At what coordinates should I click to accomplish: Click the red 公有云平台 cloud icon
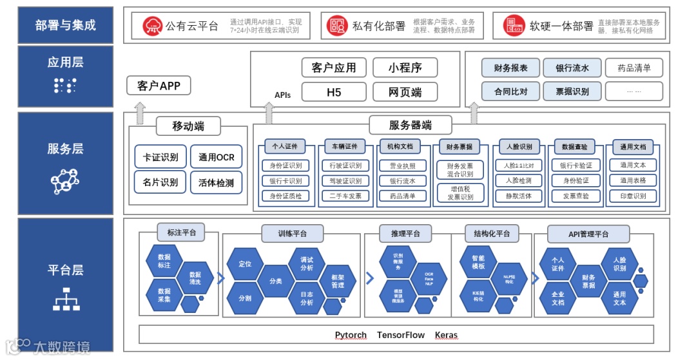153,26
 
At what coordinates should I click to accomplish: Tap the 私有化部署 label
379,26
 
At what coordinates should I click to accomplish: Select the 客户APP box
159,86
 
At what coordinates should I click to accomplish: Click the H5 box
334,92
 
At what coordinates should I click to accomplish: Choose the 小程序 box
405,68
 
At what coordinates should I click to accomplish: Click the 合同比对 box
510,91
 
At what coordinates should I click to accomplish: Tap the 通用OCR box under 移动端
217,157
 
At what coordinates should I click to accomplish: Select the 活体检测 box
217,183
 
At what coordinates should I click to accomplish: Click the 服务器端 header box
410,125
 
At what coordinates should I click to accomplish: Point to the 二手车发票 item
345,196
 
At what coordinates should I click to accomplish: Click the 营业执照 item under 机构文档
403,166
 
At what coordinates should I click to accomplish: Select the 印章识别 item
633,196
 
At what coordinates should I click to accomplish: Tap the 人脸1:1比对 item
518,166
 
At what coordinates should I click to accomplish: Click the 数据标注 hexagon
164,261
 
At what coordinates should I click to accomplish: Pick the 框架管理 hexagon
338,281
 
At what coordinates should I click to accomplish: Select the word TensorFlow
401,335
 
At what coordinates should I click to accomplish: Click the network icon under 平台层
65,299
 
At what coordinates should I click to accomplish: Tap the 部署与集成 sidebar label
66,25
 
